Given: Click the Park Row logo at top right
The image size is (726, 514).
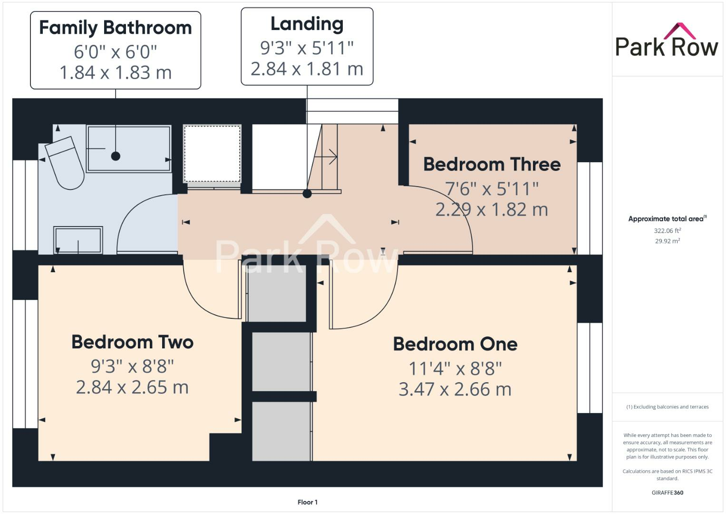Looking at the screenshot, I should [666, 41].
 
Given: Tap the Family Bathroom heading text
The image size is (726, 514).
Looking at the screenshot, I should [116, 28].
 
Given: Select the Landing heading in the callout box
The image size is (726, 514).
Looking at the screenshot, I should [307, 24].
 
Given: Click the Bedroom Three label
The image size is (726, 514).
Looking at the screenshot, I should [492, 164].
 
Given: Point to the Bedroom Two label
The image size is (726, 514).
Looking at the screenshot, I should [132, 342].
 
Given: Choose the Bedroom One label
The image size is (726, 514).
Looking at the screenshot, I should [455, 344].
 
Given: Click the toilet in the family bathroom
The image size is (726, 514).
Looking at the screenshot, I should [67, 162].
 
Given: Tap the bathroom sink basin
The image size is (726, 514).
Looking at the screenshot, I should [78, 240].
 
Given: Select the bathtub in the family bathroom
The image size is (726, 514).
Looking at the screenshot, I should [128, 148].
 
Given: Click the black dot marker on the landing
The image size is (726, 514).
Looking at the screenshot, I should [307, 194].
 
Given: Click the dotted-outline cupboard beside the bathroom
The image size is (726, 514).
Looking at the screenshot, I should [212, 153].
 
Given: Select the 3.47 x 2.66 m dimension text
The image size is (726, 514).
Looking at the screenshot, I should [455, 389].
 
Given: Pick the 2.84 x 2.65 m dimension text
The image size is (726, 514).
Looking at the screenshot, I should [132, 387].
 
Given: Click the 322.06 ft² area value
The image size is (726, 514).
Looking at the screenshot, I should [667, 231].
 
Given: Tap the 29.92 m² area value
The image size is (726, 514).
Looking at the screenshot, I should [667, 241].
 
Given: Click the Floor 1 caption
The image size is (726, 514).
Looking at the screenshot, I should [307, 502].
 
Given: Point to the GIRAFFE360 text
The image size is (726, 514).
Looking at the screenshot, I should [667, 493].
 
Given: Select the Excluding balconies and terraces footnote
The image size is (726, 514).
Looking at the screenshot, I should [667, 407].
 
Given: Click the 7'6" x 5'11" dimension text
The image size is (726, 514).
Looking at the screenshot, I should [492, 189].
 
